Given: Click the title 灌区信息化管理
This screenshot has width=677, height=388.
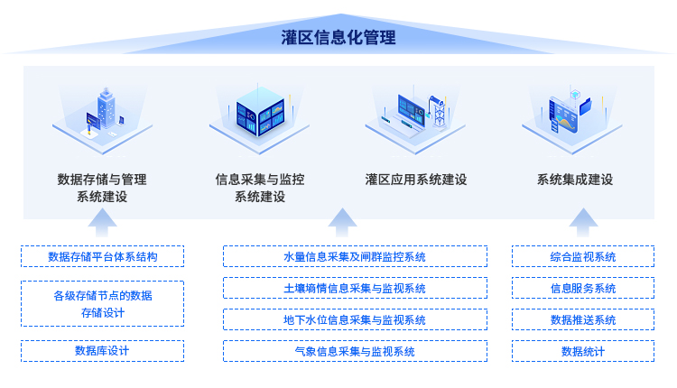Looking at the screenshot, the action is point(338,38).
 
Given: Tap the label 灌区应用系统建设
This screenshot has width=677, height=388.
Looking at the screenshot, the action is point(416,180).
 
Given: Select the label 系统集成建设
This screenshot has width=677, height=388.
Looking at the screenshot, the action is point(575,180).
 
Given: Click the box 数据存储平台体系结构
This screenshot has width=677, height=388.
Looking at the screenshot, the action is point(102,256).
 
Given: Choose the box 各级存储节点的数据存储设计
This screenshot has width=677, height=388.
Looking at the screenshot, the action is point(102,304).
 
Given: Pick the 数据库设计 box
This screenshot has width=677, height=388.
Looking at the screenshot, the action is point(102,351).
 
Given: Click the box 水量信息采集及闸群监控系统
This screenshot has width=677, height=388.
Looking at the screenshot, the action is point(355,256).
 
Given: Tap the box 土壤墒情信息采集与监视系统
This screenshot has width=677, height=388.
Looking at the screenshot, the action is point(355,288).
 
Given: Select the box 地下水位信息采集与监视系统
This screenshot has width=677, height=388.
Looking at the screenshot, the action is point(355,319).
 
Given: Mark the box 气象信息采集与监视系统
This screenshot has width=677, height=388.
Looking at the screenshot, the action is point(355,351).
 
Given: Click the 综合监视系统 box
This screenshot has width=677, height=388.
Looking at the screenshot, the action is point(583,256).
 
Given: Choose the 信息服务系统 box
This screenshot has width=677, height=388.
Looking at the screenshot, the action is point(583,288).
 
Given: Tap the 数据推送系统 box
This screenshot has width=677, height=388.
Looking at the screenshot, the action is point(583,319).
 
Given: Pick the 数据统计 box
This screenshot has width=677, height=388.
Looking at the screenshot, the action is point(583,351).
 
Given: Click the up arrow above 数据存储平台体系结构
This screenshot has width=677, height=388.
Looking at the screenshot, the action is point(102,223).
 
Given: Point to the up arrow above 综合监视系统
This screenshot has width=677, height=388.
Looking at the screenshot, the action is point(583,223).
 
